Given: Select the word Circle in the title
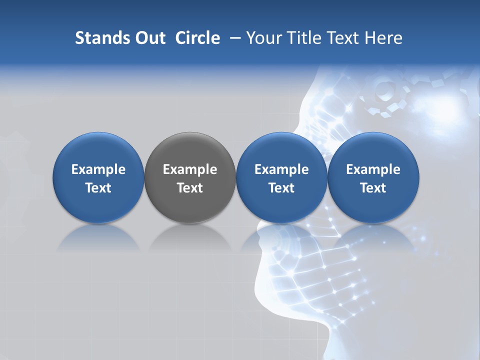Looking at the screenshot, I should pyautogui.click(x=197, y=38).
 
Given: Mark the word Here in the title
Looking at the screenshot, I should pyautogui.click(x=383, y=38).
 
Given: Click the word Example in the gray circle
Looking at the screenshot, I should pyautogui.click(x=190, y=169).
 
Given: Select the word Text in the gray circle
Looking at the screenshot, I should pyautogui.click(x=190, y=188).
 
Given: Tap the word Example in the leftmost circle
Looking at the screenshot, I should pyautogui.click(x=98, y=169).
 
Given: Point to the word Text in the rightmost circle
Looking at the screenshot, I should pyautogui.click(x=373, y=188).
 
